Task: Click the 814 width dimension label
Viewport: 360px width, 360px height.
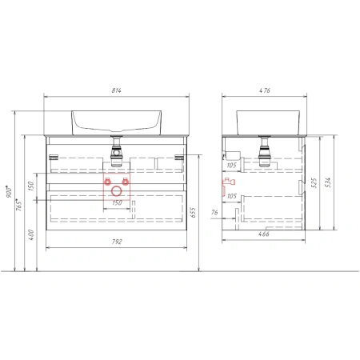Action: coord(116,90)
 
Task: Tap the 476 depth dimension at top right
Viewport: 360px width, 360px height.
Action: coord(265,90)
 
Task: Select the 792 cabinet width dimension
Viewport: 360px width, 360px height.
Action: coord(117,242)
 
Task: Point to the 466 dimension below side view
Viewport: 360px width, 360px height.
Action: coord(264,234)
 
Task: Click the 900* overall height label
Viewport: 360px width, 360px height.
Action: coord(9,191)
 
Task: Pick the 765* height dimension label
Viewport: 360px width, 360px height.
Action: coord(18,205)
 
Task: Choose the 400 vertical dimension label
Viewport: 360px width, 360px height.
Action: coord(31,235)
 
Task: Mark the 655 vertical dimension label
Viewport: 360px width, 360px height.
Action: coord(193,213)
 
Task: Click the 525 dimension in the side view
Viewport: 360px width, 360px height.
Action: coord(314,183)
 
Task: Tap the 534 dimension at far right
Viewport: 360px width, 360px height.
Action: coord(328,182)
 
